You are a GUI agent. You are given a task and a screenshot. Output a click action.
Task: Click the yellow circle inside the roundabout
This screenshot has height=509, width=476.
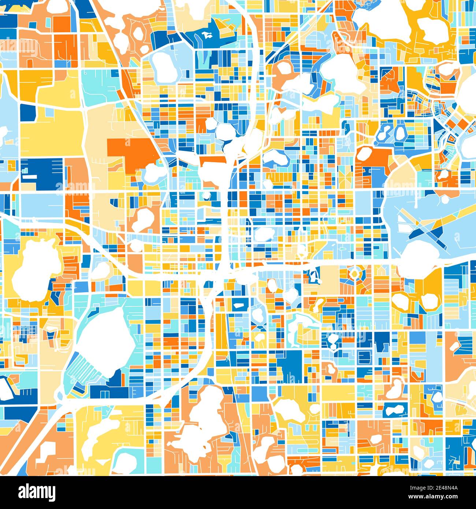pos(354,273)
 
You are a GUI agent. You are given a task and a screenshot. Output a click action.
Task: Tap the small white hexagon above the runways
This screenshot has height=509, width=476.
pos(445,200)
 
